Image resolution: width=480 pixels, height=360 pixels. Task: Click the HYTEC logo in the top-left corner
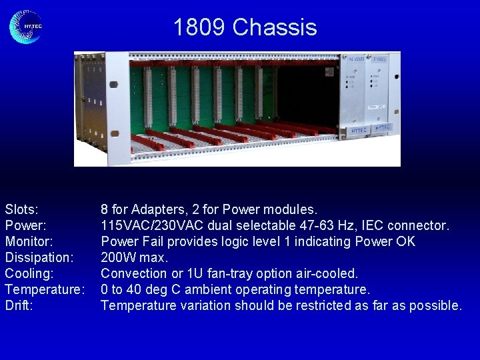[x=26, y=27]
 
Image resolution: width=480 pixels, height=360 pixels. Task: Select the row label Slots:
[x=21, y=209]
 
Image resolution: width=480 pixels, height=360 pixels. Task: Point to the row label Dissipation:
[x=39, y=257]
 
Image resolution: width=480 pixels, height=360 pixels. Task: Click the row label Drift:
[x=19, y=305]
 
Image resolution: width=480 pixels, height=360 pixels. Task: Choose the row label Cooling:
[x=29, y=273]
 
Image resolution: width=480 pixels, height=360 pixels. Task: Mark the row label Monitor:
[x=29, y=241]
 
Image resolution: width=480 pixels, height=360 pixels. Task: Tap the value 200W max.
[x=134, y=257]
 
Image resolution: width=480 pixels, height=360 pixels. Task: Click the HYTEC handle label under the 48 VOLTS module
[x=359, y=131]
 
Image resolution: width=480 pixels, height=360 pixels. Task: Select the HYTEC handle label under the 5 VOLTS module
[x=383, y=127]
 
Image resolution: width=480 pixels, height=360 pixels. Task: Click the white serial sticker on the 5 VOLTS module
[x=377, y=107]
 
